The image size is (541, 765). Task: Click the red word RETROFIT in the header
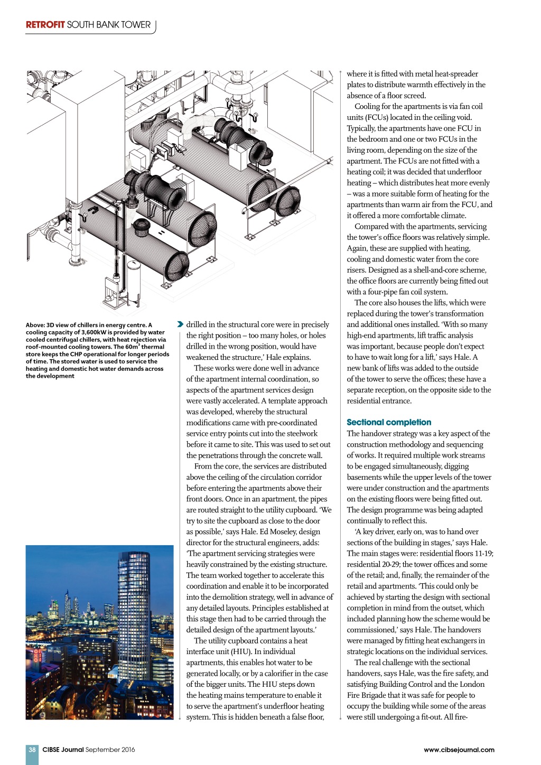tap(45, 25)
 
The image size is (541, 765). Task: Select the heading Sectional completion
tap(389, 422)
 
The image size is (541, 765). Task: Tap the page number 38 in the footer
tap(32, 749)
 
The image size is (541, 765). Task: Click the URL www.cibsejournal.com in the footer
tap(459, 749)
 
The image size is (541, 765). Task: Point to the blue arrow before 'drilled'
tap(180, 324)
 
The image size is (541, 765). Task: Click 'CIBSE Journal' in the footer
tap(63, 749)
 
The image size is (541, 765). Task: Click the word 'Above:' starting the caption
tap(35, 325)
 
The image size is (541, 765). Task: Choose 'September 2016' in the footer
tap(110, 749)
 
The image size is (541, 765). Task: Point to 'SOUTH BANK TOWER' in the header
tap(109, 25)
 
